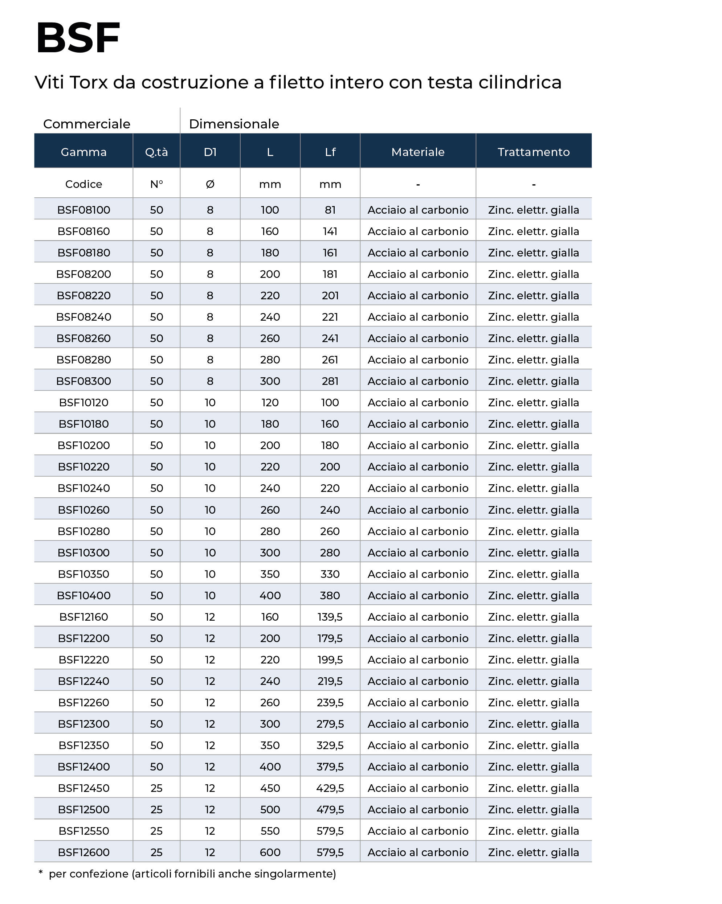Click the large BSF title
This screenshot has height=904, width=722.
[78, 38]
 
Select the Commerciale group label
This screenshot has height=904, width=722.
[86, 124]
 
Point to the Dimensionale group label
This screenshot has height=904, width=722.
[234, 124]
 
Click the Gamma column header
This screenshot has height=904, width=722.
[83, 152]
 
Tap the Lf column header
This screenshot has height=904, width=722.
[330, 152]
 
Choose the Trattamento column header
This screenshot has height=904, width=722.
[534, 152]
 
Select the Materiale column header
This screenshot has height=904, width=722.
[418, 152]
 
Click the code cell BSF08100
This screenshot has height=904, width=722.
[83, 210]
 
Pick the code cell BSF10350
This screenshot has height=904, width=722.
[83, 574]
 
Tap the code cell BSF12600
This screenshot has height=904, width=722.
[83, 852]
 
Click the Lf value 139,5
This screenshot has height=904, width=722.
[330, 617]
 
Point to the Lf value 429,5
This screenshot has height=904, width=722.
[330, 788]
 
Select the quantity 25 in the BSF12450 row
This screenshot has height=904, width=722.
[156, 788]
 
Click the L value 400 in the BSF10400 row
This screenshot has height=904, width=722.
[270, 595]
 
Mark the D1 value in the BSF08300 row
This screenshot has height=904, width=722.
[210, 381]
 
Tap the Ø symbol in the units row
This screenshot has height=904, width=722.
[210, 184]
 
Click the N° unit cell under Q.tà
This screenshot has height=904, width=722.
[156, 184]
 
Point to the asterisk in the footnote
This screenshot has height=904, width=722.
[41, 872]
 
